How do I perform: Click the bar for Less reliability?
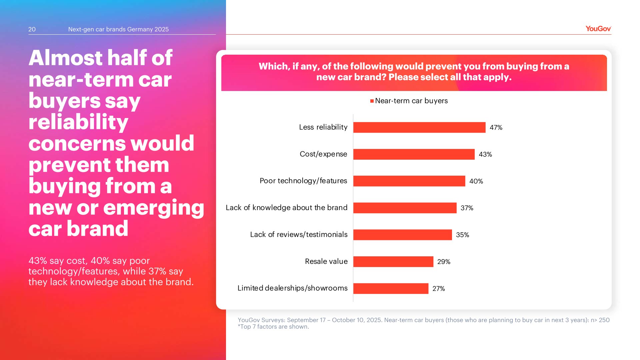(419, 127)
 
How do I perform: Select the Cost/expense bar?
(414, 154)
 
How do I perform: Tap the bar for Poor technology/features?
(409, 181)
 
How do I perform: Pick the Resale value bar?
(393, 262)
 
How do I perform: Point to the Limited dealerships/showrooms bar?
(391, 288)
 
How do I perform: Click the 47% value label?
(496, 127)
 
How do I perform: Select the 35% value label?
(462, 235)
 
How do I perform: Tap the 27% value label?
(438, 288)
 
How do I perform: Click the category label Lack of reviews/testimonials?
(299, 235)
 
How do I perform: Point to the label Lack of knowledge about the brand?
(286, 208)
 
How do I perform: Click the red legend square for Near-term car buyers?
(372, 101)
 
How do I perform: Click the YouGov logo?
(598, 29)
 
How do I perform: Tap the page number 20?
(32, 29)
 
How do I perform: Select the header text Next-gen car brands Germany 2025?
(118, 29)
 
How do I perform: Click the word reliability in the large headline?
(78, 122)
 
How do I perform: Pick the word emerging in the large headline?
(154, 208)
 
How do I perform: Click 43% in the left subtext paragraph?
(38, 261)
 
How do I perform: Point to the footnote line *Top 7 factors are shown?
(273, 327)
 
